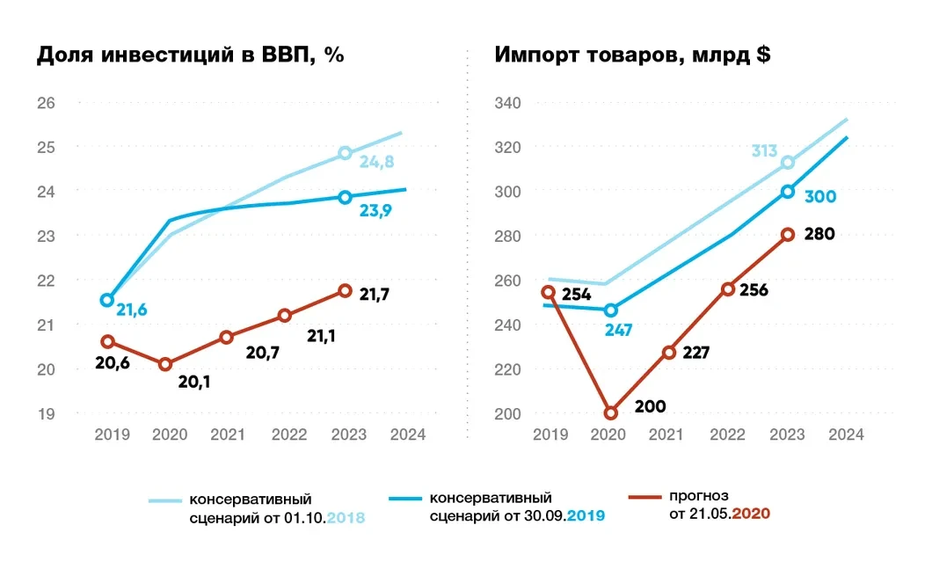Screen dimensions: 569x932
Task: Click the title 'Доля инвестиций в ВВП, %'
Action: coord(189,55)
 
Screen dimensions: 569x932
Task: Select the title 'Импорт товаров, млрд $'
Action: coord(633,55)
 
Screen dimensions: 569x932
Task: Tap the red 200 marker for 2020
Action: coord(610,412)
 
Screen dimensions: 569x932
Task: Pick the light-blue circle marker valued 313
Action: coord(788,162)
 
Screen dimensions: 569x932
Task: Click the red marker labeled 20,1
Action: coord(165,363)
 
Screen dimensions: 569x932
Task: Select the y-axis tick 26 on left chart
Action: coord(46,103)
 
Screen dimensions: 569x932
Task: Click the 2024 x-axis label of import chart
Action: coord(846,434)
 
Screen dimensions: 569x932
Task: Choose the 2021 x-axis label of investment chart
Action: coord(228,434)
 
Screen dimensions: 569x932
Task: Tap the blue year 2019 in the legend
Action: coord(586,517)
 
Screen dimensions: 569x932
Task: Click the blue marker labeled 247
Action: coord(610,310)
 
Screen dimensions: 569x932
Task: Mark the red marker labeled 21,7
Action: coord(346,290)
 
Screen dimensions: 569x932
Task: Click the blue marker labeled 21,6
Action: coord(107,300)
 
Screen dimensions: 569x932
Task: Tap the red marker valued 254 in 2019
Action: coord(548,292)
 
